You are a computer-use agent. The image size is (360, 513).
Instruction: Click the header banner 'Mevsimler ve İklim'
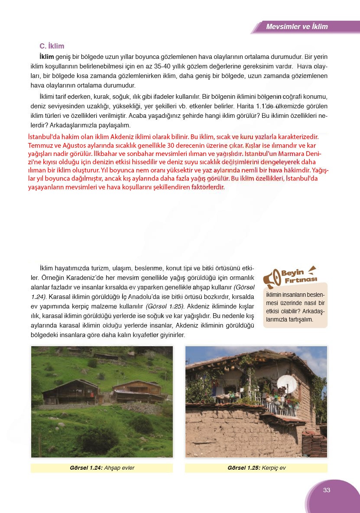coord(297,26)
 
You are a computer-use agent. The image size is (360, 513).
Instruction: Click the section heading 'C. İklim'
coord(52,46)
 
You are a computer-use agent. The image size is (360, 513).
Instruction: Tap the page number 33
coord(327,490)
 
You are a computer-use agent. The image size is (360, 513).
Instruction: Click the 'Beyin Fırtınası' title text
coord(299,276)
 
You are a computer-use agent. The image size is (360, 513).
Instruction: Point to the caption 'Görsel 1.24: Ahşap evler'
coord(102,468)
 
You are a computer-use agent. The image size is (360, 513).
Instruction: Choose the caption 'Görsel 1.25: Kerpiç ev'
coord(256,468)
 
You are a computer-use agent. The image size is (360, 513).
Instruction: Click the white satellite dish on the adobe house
coord(286,383)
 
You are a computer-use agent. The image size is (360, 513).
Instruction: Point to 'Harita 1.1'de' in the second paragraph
coord(255,106)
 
